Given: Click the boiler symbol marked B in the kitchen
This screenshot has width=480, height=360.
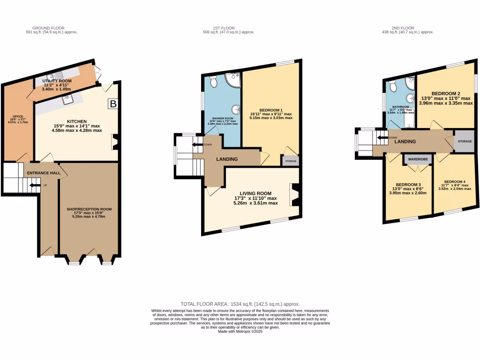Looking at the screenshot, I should (112, 104).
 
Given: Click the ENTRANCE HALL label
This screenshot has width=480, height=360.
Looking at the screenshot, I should (44, 173).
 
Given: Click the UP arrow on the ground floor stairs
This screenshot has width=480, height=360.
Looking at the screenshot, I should (32, 185).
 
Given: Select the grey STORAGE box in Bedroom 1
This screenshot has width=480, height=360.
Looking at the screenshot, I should (290, 161).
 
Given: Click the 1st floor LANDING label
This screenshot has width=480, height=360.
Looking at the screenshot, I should (226, 159).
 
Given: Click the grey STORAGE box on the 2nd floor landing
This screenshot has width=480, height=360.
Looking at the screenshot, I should (465, 141).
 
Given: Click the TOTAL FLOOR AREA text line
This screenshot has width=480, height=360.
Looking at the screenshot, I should (240, 304).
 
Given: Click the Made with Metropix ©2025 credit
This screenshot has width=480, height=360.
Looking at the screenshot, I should (240, 331).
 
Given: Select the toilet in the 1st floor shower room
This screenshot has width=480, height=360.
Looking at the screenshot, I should (213, 82).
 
